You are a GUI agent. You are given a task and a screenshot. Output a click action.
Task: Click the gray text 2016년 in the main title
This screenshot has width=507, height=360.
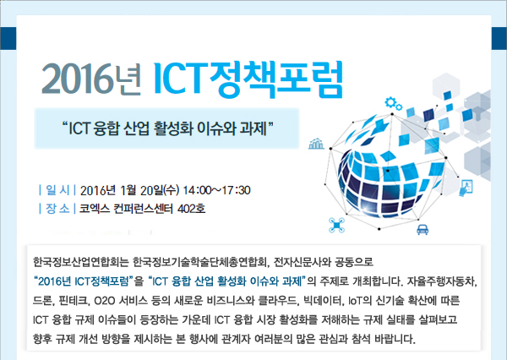pyautogui.click(x=91, y=79)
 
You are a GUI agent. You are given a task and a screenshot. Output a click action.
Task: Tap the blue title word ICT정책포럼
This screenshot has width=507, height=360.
pyautogui.click(x=248, y=79)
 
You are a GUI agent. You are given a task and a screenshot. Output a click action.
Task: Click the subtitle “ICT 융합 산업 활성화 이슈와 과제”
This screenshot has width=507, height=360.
pyautogui.click(x=167, y=128)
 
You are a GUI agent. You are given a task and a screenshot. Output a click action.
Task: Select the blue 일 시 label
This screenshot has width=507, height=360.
pyautogui.click(x=57, y=190)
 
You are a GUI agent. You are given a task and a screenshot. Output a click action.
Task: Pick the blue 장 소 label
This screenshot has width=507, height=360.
pyautogui.click(x=57, y=209)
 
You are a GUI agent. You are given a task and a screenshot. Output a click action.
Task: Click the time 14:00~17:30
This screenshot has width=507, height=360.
pyautogui.click(x=216, y=190)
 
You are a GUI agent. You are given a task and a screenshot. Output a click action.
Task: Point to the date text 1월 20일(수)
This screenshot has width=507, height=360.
pyautogui.click(x=150, y=190)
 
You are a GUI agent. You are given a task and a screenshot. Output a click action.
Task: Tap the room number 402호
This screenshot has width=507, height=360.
pyautogui.click(x=191, y=209)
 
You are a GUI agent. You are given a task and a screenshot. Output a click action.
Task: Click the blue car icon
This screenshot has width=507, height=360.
pyautogui.click(x=422, y=229)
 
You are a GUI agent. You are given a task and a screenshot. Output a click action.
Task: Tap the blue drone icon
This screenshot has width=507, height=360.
pyautogui.click(x=336, y=225)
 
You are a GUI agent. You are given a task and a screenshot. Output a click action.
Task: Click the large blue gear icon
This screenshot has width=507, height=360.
pyautogui.click(x=390, y=102)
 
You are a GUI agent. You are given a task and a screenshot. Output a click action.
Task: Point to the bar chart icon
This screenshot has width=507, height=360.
pyautogui.click(x=316, y=144)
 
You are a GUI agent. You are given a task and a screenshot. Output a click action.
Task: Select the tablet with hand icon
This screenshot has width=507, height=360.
pyautogui.click(x=466, y=188)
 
